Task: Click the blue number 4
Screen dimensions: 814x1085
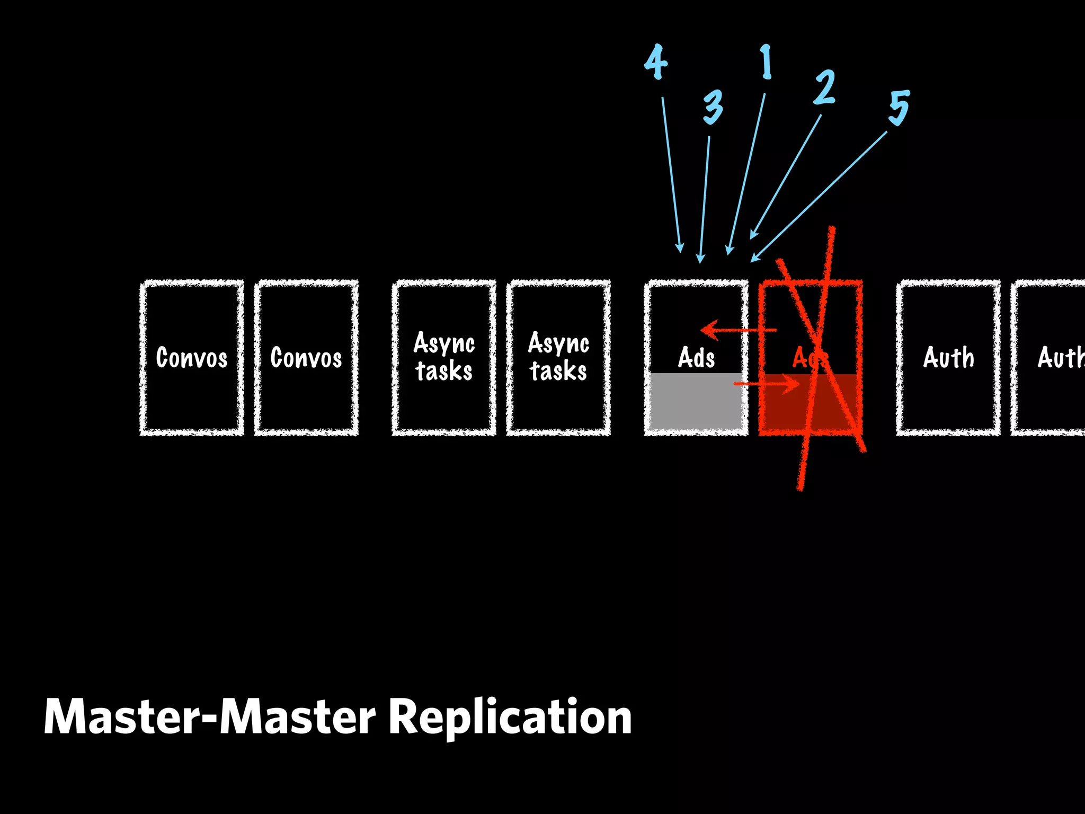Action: (656, 63)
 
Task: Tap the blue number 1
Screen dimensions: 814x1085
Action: (766, 63)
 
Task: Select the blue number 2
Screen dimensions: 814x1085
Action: (824, 87)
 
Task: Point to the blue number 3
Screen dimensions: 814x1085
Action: (713, 107)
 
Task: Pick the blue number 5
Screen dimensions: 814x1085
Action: (899, 108)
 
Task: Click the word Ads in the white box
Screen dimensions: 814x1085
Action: (696, 358)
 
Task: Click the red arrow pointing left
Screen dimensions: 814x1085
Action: (736, 330)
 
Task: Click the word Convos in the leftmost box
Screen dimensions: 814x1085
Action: (192, 358)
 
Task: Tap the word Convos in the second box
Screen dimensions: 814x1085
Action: (306, 358)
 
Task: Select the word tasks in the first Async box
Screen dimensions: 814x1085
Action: (444, 371)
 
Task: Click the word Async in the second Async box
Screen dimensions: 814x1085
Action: (558, 343)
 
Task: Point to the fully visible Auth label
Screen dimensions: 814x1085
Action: (948, 358)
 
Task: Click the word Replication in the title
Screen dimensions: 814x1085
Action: (510, 717)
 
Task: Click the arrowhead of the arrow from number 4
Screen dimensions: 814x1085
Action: (680, 247)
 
